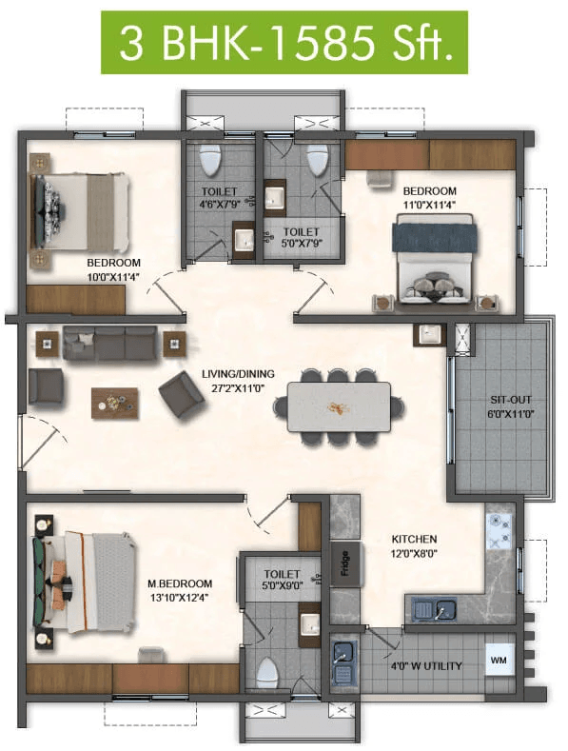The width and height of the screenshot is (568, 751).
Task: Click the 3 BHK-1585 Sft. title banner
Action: (x=284, y=43)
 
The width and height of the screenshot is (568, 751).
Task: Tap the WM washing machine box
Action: (x=499, y=660)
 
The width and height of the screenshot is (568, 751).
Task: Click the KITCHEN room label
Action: (x=414, y=540)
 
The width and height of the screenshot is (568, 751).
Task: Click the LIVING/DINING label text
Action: (x=238, y=374)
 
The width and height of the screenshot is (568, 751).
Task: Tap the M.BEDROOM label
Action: (x=180, y=583)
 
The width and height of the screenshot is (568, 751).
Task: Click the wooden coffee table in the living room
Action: (x=115, y=404)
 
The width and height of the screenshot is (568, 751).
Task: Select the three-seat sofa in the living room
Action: (x=110, y=343)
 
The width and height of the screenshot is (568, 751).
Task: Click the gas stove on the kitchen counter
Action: (x=499, y=532)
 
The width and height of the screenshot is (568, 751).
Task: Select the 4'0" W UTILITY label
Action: (x=425, y=665)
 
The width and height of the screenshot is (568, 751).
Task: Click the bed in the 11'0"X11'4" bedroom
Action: (x=435, y=259)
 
